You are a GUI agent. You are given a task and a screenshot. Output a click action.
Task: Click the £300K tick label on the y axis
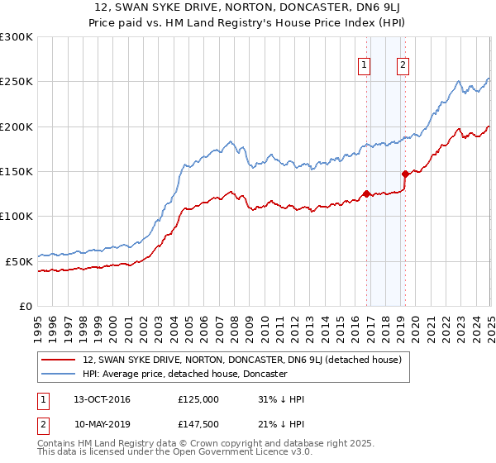(x=17, y=37)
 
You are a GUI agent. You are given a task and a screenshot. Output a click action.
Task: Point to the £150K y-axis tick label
(x=17, y=171)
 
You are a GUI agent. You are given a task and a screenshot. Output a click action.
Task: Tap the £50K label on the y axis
(x=20, y=260)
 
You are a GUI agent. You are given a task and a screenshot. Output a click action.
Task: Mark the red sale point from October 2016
(x=366, y=193)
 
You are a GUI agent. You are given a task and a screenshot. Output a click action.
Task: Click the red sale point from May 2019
(x=405, y=174)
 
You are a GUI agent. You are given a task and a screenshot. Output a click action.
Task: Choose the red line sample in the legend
(x=60, y=360)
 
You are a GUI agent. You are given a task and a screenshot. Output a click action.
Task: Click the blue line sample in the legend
(x=60, y=374)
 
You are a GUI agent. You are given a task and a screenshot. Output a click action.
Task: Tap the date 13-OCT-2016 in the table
(x=102, y=399)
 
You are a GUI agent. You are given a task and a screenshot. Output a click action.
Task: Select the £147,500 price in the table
(x=198, y=423)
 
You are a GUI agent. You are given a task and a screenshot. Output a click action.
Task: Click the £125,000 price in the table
(x=198, y=399)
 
